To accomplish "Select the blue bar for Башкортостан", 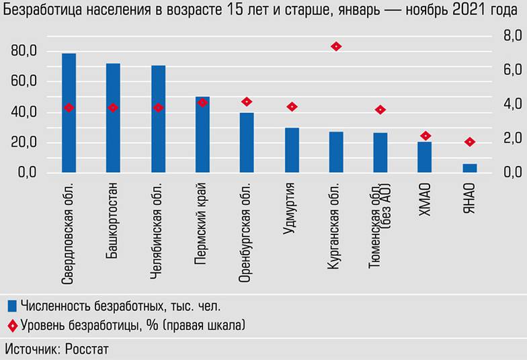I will (113, 118).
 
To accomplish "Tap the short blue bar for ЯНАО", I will (470, 168).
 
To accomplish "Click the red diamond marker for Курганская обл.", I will (336, 46).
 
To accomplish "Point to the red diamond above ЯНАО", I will (470, 142).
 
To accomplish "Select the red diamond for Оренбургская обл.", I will (247, 101).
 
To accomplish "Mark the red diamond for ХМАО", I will (425, 136).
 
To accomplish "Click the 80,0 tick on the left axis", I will (24, 51).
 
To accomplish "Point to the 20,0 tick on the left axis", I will (24, 142).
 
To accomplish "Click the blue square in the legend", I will (11, 306).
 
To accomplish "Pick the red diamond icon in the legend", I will (11, 326).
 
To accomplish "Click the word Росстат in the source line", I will (85, 349).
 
